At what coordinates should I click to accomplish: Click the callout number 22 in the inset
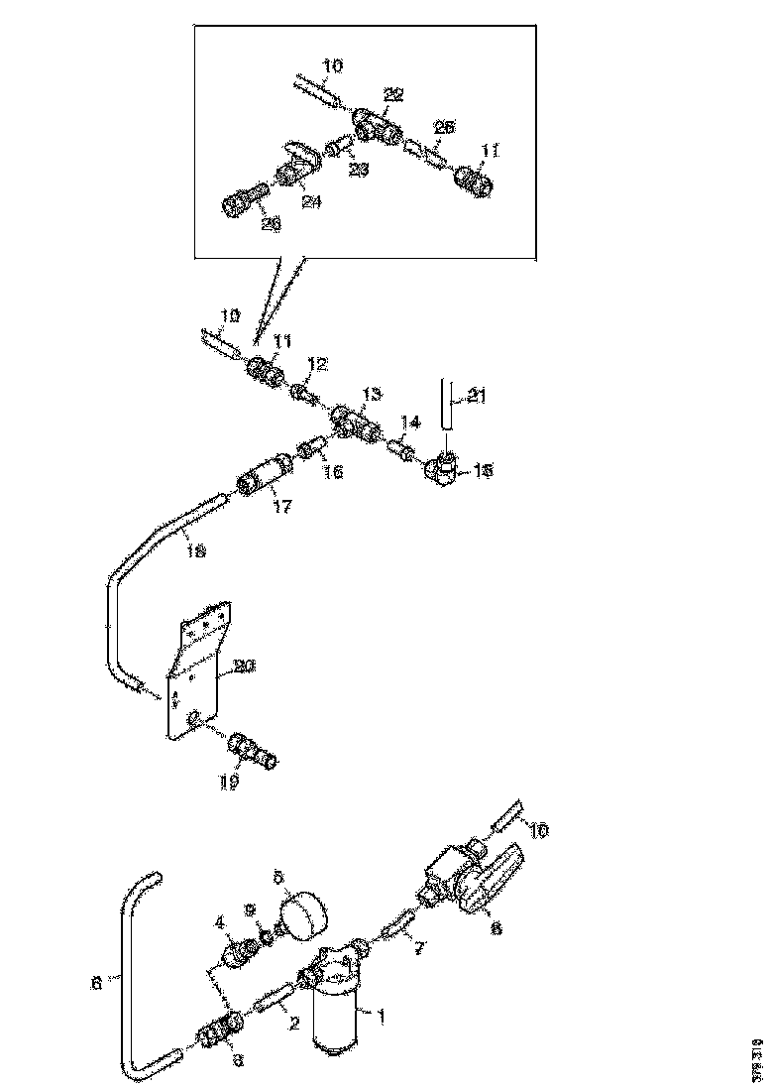[x=394, y=95]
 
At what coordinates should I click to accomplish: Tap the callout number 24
[x=311, y=201]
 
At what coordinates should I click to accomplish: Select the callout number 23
[x=358, y=170]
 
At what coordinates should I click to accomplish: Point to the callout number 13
[x=371, y=395]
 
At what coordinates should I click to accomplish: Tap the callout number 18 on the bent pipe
[x=196, y=551]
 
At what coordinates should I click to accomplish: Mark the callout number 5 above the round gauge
[x=279, y=877]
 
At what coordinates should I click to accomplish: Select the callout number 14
[x=410, y=423]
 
